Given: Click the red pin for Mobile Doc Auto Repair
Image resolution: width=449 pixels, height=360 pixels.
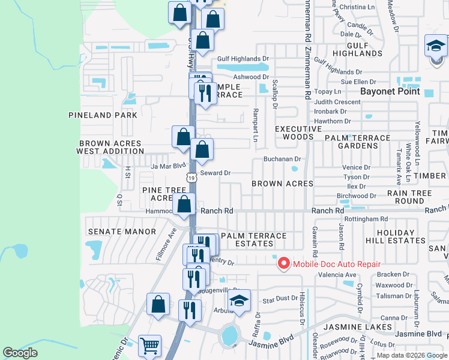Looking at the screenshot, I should pos(283,263).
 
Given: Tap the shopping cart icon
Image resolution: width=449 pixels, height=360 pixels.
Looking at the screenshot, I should pos(149,345).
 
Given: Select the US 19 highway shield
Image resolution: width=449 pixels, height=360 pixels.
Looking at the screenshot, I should pos(191,178).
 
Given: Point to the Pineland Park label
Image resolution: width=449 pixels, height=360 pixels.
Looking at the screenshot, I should pos(103,115).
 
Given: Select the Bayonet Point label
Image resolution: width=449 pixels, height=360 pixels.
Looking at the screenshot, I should pos(388,92).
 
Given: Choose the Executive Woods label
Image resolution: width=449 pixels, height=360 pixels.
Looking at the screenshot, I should pos(298,133).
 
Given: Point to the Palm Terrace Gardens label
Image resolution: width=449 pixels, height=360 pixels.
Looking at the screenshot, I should pos(357,142).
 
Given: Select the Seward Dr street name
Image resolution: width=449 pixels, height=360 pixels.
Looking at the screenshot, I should pos(215,173).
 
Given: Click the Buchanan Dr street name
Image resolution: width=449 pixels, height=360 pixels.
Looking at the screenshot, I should pos(282,159).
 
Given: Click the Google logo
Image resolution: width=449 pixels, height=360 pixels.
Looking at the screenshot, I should pos(20,352).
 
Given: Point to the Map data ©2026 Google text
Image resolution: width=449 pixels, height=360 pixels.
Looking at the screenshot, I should pos(412,355).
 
